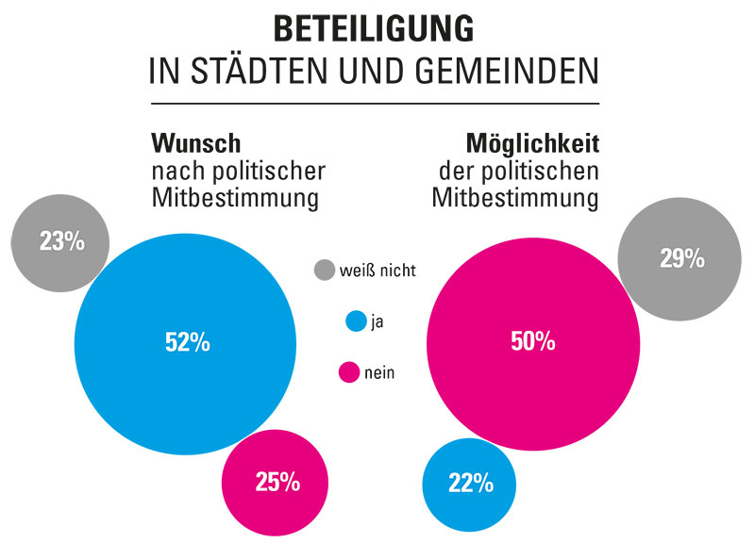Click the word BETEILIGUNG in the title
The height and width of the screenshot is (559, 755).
(x=374, y=29)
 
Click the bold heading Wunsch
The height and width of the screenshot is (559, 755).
(x=196, y=144)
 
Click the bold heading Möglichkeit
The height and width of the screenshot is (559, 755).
(x=533, y=144)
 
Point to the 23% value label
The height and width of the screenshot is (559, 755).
(x=62, y=241)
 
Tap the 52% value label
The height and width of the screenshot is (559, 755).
(x=187, y=343)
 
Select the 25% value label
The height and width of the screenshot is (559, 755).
(x=277, y=483)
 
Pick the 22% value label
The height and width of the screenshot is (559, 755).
(x=470, y=484)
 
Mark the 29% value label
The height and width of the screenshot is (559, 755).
(x=681, y=258)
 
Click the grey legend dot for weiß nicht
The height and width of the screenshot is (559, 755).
(x=325, y=271)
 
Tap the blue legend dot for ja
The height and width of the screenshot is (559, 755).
(x=356, y=321)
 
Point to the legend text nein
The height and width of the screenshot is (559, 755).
(x=379, y=373)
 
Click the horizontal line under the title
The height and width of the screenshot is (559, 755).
(x=375, y=103)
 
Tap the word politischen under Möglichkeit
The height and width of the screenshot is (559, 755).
(x=546, y=172)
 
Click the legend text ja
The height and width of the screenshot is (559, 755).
(x=377, y=322)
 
